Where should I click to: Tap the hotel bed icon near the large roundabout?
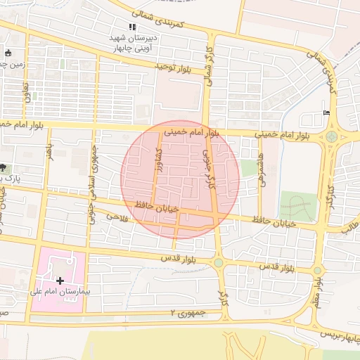325,112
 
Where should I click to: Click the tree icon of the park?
4,167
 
